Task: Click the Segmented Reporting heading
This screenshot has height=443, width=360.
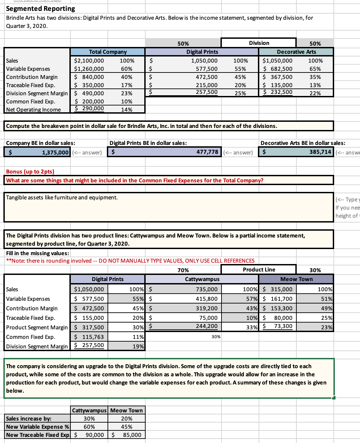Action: [x=40, y=9]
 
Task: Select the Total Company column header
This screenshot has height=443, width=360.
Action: [x=108, y=52]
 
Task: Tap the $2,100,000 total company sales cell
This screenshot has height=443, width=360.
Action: [x=89, y=61]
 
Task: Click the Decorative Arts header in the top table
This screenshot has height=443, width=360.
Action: [x=296, y=52]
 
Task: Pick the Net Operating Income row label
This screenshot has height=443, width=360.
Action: [x=33, y=110]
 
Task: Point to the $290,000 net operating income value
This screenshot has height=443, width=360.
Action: [x=89, y=109]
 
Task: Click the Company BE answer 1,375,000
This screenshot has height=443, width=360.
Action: [x=55, y=152]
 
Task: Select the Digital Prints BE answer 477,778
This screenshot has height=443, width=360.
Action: [x=207, y=152]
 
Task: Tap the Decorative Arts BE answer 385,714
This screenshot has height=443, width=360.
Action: [x=320, y=152]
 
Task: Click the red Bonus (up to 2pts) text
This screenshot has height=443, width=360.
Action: [x=30, y=171]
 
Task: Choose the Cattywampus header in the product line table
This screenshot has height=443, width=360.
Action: [x=202, y=279]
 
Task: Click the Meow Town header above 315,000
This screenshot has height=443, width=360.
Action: [x=296, y=279]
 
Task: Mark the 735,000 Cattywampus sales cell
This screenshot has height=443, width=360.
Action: [x=207, y=289]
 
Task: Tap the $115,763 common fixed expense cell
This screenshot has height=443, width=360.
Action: [x=89, y=337]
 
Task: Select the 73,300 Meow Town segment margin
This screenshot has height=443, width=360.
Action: [x=283, y=326]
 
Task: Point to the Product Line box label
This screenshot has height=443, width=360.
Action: [x=259, y=269]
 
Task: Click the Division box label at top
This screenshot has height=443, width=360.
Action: [x=259, y=43]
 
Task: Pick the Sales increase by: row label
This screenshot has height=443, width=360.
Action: [x=29, y=419]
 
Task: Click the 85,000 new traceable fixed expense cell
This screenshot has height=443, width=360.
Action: [x=132, y=435]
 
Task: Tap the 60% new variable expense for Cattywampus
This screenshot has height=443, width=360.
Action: [x=89, y=427]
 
